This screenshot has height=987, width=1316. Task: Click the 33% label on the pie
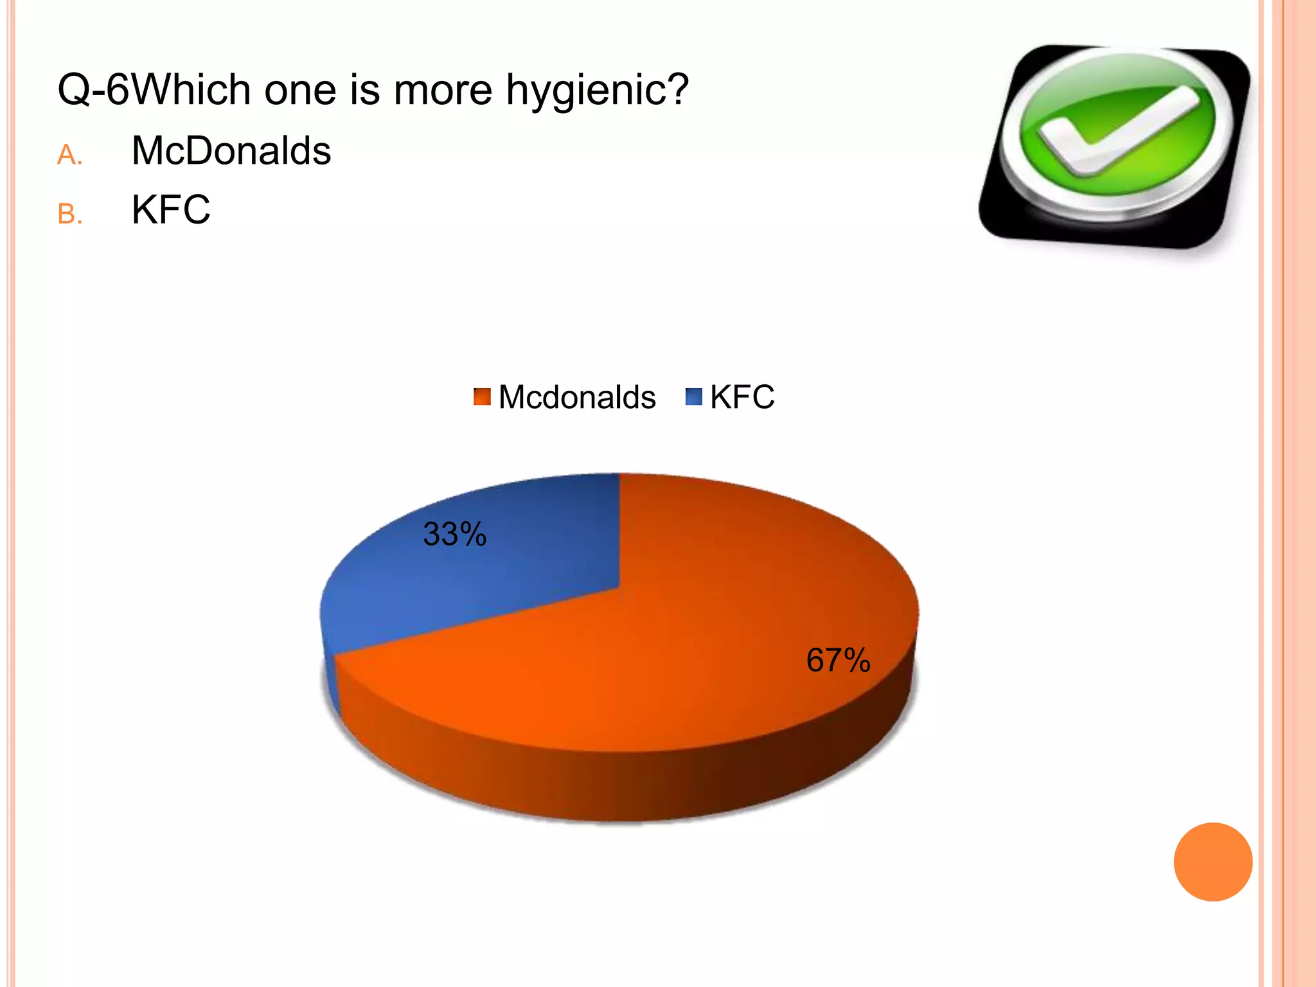[454, 534]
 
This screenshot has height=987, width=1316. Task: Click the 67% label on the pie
[838, 660]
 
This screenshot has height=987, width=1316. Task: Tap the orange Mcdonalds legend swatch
[482, 396]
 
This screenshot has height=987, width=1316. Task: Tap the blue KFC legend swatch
[694, 396]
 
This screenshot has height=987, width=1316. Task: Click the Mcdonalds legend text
[576, 397]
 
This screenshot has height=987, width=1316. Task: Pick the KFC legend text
[742, 397]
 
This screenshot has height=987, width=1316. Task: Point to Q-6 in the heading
[94, 89]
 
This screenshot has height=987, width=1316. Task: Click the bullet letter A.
[69, 155]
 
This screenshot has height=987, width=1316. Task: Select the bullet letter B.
[69, 214]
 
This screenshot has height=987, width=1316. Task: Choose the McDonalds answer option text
[231, 151]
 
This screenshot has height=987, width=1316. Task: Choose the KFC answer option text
[171, 209]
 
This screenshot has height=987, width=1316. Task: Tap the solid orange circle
[1213, 862]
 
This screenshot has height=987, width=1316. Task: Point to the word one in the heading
[300, 90]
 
